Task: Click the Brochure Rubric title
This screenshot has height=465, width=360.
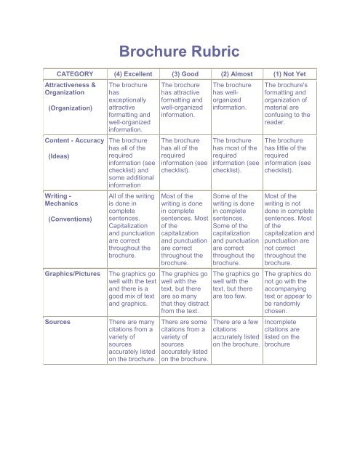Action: pos(180,51)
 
